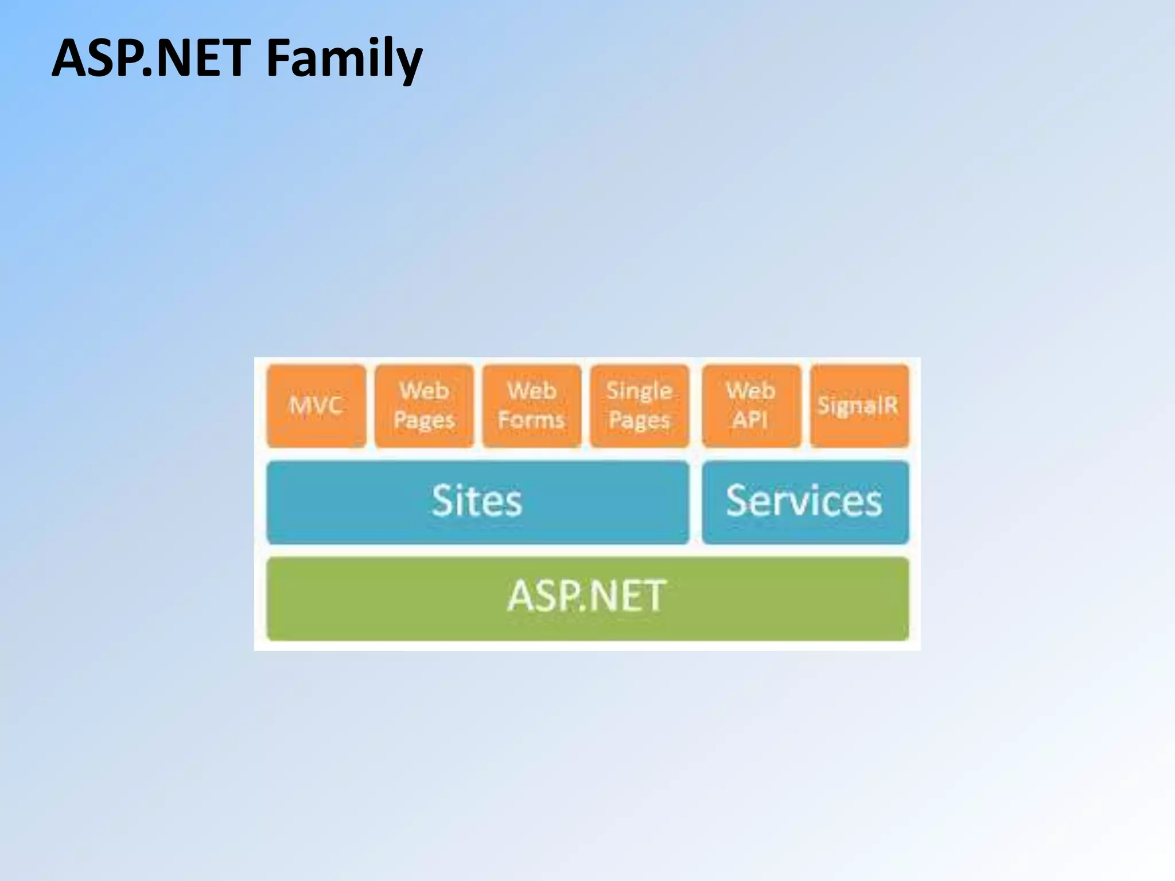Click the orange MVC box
point(316,406)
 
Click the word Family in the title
point(344,59)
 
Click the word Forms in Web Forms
point(531,420)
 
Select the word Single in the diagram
point(639,391)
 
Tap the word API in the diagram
point(750,420)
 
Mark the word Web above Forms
point(532,391)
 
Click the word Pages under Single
point(639,420)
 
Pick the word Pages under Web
point(425,420)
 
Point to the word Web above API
point(750,391)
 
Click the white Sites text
point(477,501)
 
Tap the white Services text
point(804,501)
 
